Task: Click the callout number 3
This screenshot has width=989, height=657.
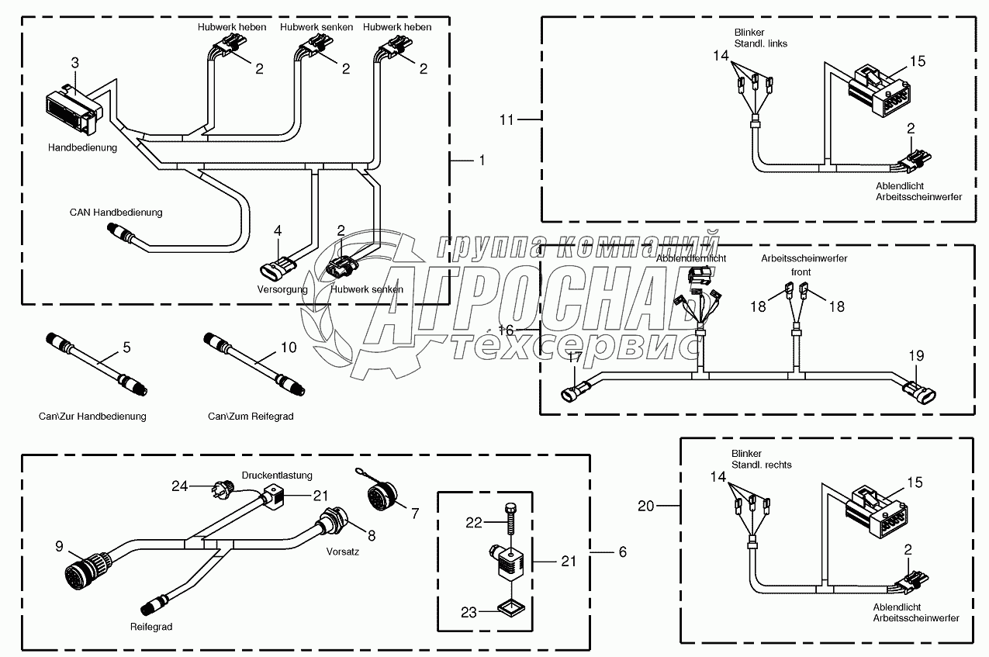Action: click(75, 62)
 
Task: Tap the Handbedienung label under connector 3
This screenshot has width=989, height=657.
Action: click(83, 147)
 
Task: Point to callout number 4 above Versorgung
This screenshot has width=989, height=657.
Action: click(278, 230)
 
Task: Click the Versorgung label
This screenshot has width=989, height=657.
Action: click(282, 289)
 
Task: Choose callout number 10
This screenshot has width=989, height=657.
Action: click(288, 348)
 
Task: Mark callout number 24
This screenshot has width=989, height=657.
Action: click(180, 486)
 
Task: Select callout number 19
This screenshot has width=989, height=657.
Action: click(916, 356)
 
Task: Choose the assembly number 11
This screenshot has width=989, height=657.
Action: click(507, 119)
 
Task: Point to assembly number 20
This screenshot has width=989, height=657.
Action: click(645, 506)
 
